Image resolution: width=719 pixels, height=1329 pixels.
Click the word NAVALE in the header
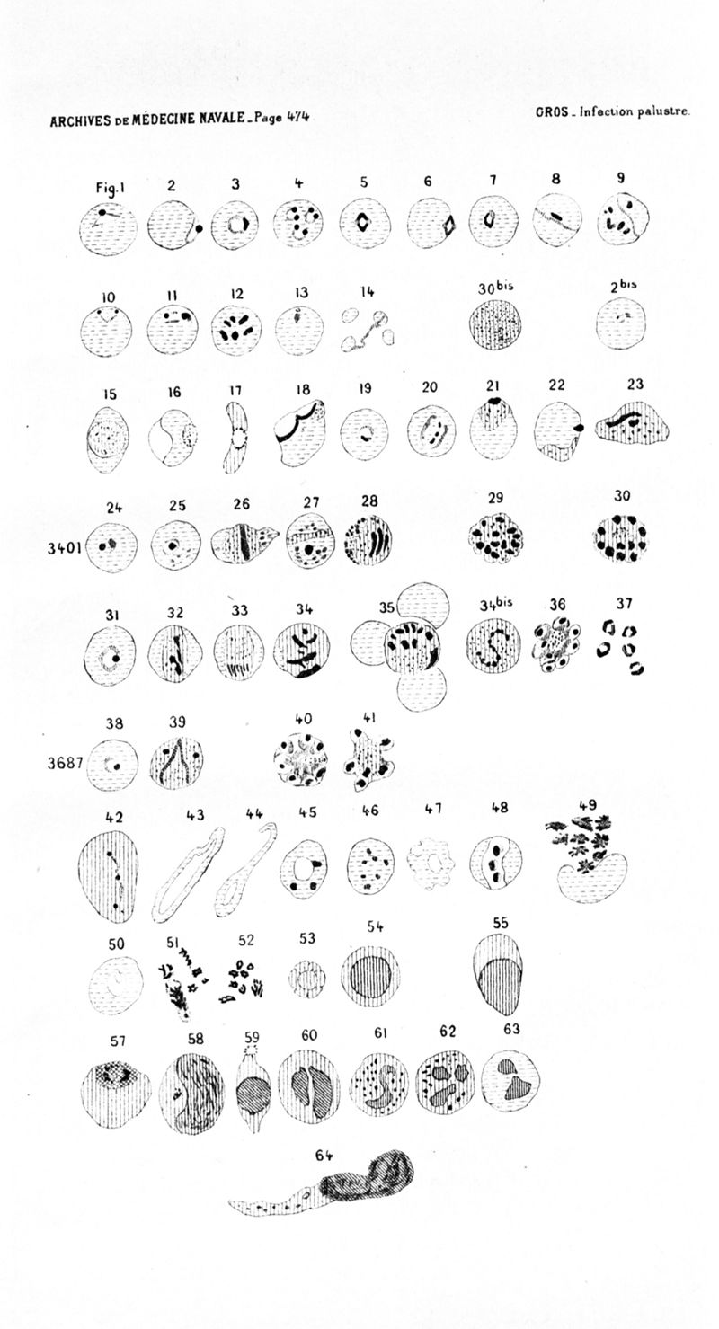pos(223,118)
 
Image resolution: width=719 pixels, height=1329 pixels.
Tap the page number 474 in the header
pos(297,117)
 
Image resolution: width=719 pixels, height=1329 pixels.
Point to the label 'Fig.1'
pos(110,188)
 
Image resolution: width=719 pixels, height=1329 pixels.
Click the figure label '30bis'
pos(493,288)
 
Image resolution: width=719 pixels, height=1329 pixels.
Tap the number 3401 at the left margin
pos(65,547)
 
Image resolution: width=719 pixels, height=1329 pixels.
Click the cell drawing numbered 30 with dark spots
pos(620,537)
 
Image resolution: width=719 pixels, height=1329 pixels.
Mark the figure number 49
pos(588,805)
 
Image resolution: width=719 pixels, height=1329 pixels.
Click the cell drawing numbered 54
pos(370,975)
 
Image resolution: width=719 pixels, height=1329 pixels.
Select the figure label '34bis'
pos(496,604)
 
